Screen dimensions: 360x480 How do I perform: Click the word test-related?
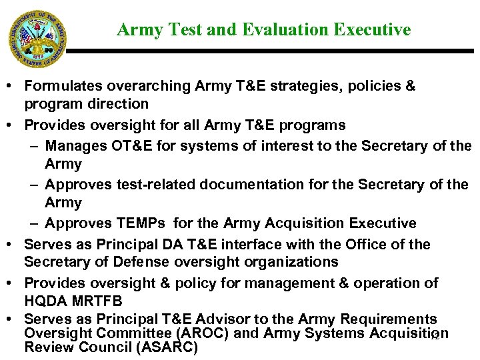point(148,184)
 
